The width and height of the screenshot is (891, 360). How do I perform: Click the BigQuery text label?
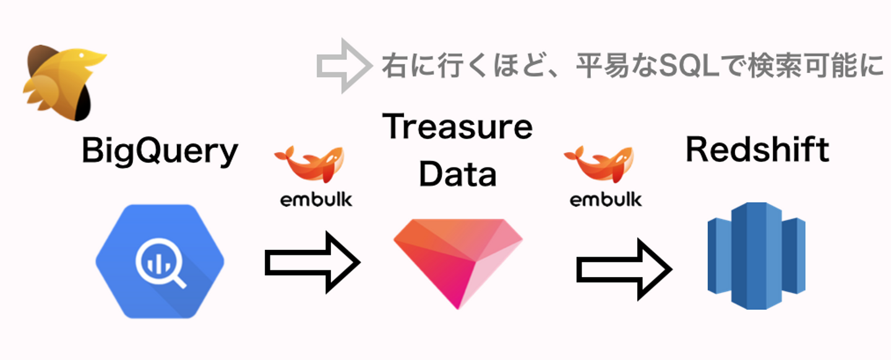click(x=160, y=151)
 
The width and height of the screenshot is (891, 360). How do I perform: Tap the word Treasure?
click(x=457, y=127)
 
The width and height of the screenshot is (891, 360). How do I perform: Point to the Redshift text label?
click(x=757, y=150)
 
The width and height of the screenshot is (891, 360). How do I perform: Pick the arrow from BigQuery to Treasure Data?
click(x=312, y=262)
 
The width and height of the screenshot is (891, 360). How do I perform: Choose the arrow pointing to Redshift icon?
click(x=624, y=269)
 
